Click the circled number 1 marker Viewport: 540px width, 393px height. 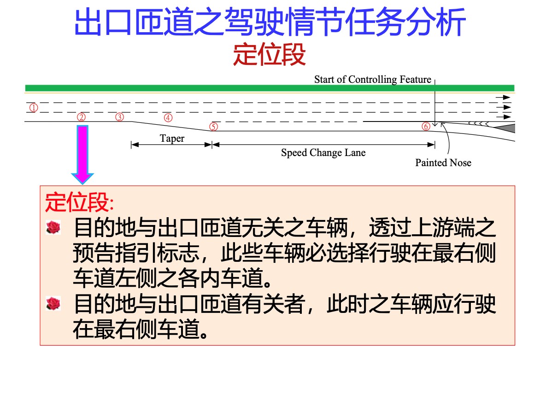point(34,108)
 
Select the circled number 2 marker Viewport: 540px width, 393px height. point(81,117)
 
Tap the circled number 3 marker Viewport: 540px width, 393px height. point(119,117)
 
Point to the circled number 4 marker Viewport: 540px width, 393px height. point(168,118)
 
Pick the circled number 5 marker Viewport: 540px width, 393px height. point(214,127)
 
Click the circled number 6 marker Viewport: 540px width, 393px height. point(426,127)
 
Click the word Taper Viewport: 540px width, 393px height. point(172,139)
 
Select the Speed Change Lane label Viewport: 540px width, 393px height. point(323,153)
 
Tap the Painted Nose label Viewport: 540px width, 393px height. point(443,162)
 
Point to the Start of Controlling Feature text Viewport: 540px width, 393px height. point(373,80)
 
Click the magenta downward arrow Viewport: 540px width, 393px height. point(82,154)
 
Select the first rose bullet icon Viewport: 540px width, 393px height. point(53,228)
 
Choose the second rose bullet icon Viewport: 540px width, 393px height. point(53,304)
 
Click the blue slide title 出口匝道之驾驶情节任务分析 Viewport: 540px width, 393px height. point(270,23)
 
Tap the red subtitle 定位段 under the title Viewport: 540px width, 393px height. point(270,54)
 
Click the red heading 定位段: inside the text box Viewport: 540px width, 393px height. point(80,202)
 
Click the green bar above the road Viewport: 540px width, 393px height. point(270,88)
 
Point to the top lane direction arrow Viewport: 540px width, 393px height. point(503,97)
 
